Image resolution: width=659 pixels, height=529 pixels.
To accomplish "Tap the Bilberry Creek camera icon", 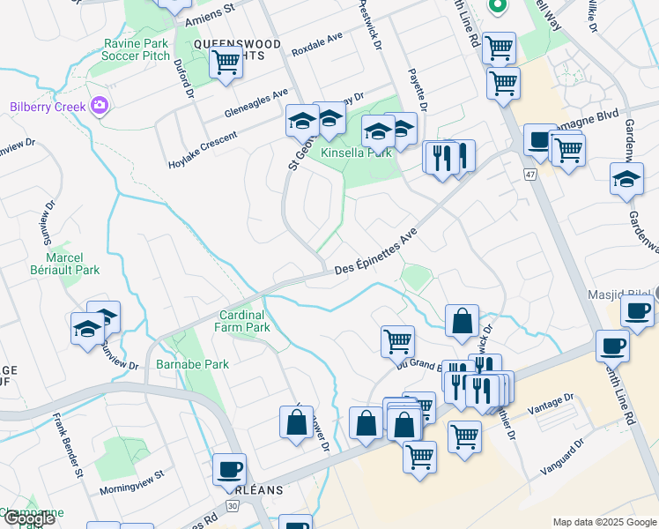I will pyautogui.click(x=99, y=107).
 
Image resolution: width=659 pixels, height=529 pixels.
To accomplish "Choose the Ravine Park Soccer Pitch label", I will pyautogui.click(x=137, y=49).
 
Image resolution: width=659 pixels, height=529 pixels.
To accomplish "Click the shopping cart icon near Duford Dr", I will pyautogui.click(x=226, y=63).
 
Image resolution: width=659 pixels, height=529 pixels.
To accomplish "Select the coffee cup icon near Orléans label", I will pyautogui.click(x=230, y=468).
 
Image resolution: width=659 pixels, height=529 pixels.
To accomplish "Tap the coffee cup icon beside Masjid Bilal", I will pyautogui.click(x=637, y=310).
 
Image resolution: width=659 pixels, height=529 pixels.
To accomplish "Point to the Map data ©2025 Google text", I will pyautogui.click(x=604, y=521).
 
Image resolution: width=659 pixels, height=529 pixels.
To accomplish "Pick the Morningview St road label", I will pyautogui.click(x=132, y=474).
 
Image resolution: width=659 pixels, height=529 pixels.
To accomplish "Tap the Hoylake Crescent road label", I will pyautogui.click(x=203, y=150).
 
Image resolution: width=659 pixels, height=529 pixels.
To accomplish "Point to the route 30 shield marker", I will pyautogui.click(x=230, y=505).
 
